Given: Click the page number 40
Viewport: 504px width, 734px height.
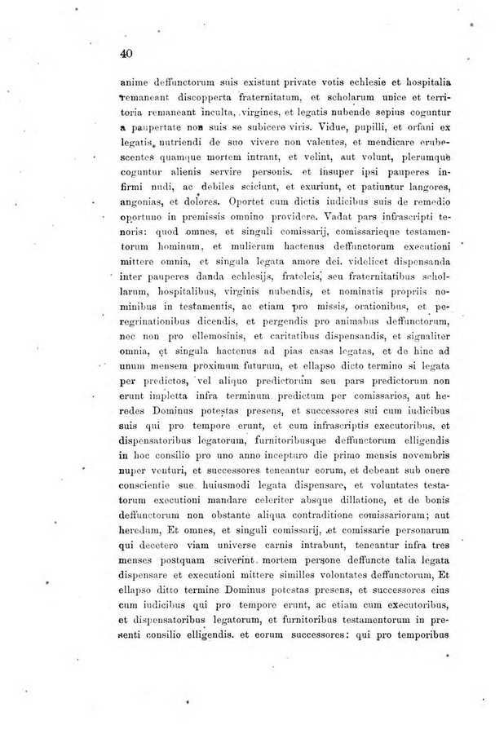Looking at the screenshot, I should tap(125, 53).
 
